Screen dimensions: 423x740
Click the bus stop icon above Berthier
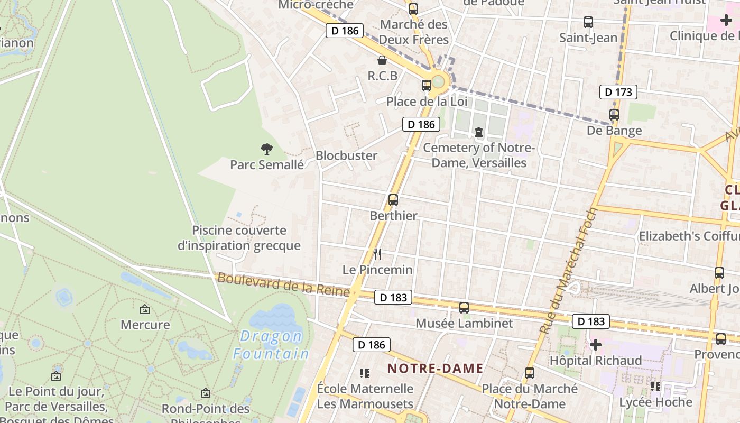(x=393, y=200)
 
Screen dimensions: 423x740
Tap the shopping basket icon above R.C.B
(x=382, y=60)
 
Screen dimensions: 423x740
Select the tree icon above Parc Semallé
(x=267, y=149)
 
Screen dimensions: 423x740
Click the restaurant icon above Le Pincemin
(x=377, y=254)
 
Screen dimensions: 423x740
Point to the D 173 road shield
(x=618, y=92)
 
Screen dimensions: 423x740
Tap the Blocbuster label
(x=346, y=155)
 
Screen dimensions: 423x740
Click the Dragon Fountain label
(x=271, y=345)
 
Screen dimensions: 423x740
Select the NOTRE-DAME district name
(x=436, y=369)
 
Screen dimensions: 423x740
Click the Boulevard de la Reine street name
(x=283, y=285)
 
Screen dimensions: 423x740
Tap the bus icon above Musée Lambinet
(x=464, y=307)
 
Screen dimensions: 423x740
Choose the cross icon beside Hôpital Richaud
(x=596, y=345)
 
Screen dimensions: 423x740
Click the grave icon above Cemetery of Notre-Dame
(x=479, y=132)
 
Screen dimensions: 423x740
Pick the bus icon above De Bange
(x=614, y=114)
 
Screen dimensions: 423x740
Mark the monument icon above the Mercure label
(x=145, y=309)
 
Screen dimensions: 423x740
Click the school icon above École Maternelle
(x=364, y=373)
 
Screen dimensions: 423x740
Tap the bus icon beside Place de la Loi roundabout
(x=426, y=85)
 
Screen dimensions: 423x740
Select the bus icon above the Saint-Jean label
(x=588, y=22)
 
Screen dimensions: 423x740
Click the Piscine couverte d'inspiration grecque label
(x=246, y=238)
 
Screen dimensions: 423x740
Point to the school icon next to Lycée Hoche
(x=656, y=387)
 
